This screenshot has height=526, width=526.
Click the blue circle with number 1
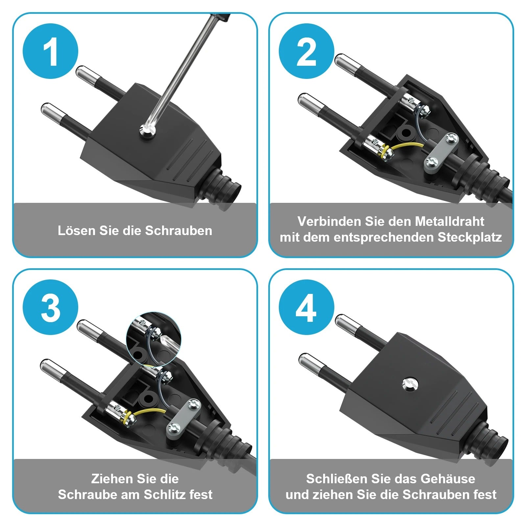(50, 51)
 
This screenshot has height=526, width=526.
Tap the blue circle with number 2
(306, 51)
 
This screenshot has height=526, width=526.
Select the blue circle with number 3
(50, 307)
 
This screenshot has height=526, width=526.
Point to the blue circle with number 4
(306, 307)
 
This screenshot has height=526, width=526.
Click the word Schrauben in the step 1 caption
(179, 230)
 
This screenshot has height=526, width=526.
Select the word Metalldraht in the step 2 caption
(449, 221)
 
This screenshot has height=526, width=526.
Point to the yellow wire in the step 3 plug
(148, 412)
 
